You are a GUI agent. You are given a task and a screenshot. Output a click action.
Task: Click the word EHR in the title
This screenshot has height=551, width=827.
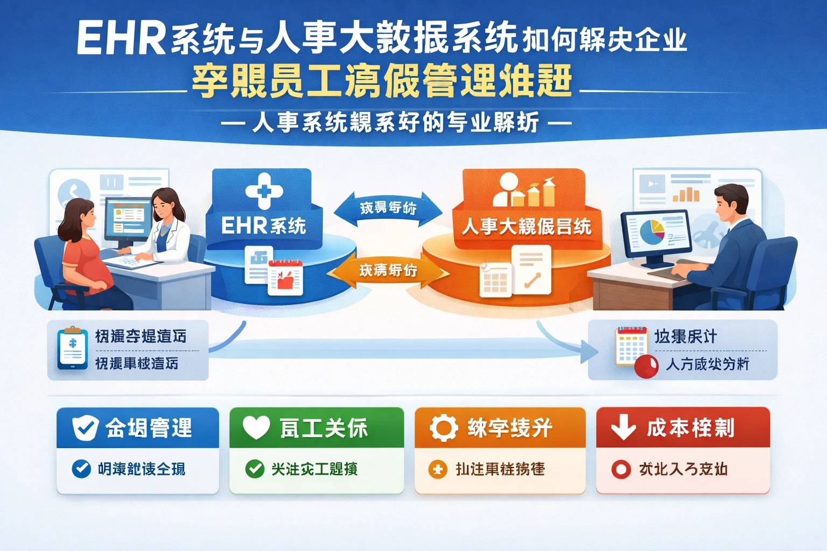121,39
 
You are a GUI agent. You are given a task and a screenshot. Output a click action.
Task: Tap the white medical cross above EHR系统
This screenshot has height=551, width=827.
264,190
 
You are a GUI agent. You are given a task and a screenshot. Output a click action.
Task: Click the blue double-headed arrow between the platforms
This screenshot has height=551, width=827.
388,208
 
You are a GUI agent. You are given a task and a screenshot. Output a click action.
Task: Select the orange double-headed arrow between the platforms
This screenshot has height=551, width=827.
388,270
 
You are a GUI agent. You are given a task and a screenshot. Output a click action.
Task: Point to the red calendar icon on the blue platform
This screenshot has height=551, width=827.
285,277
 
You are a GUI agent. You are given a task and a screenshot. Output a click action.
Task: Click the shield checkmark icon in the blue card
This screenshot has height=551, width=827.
85,428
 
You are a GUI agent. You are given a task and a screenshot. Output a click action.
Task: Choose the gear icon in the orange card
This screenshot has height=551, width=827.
443,428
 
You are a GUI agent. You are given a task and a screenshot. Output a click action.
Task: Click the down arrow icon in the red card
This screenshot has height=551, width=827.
623,427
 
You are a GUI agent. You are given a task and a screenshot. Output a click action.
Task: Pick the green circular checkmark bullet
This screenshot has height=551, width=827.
255,469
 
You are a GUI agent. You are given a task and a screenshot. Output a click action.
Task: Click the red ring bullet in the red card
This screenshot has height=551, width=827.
621,470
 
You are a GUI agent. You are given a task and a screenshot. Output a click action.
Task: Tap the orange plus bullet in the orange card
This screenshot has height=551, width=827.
438,470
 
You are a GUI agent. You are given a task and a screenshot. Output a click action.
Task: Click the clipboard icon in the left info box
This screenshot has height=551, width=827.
73,349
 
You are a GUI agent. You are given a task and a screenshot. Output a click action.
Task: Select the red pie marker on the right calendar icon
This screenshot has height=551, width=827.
646,366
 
